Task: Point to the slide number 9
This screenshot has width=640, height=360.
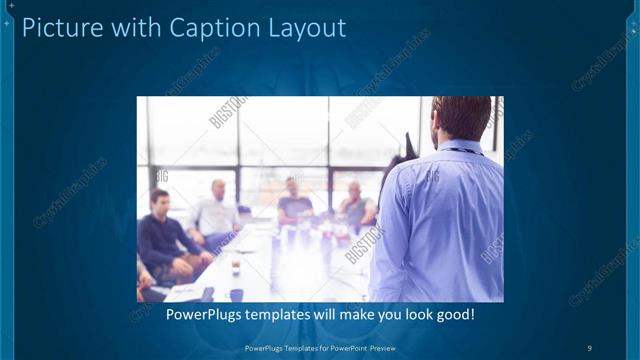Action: point(590,347)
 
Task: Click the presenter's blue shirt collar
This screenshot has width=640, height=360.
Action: point(460,150)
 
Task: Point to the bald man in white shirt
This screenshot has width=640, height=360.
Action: point(217,213)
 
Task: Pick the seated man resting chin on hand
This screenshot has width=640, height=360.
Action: point(354,205)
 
